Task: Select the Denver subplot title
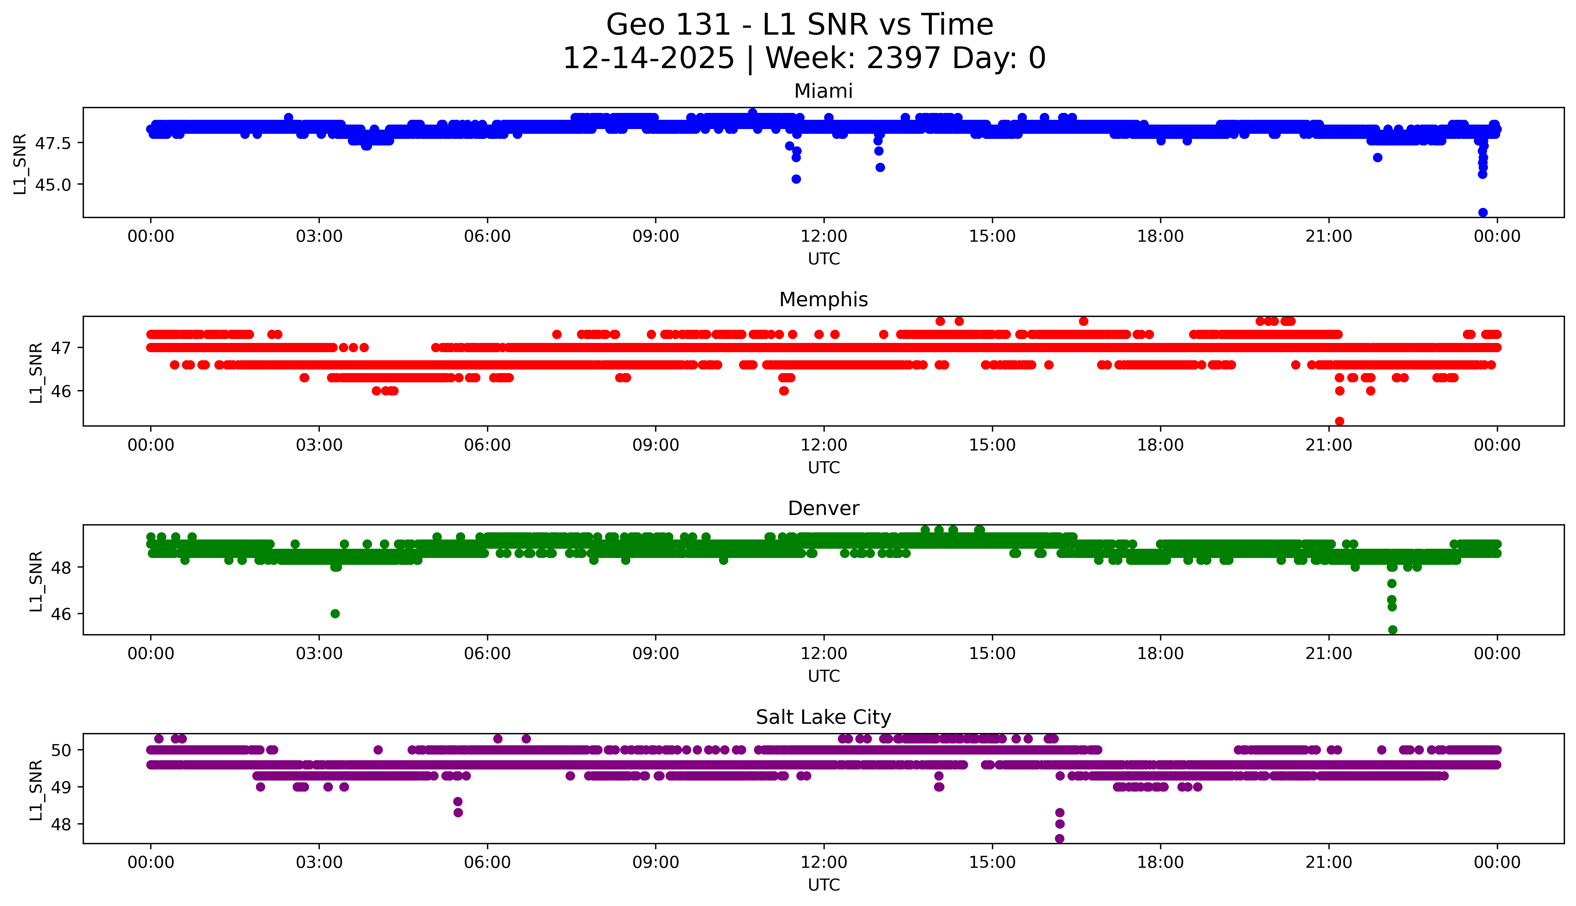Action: click(x=823, y=508)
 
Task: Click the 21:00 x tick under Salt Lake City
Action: click(x=1328, y=862)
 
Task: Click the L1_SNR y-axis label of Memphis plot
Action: click(x=36, y=372)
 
